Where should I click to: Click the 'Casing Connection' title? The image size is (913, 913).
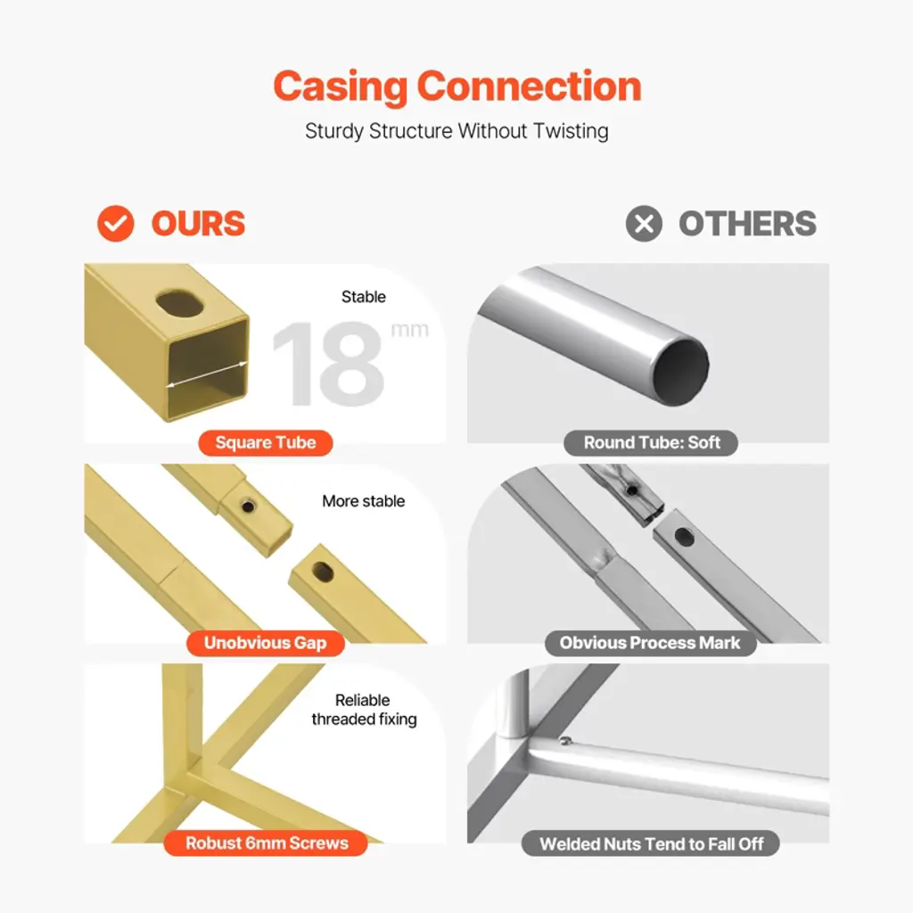click(457, 87)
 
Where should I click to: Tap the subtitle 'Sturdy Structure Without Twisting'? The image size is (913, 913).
click(457, 131)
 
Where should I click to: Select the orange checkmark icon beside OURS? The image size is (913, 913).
click(116, 224)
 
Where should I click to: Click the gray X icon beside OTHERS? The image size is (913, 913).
click(644, 224)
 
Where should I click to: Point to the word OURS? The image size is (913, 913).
click(199, 224)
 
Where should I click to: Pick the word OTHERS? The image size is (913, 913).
click(748, 224)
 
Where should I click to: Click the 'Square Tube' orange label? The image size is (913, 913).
click(266, 443)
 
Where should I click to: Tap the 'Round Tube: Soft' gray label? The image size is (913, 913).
click(651, 443)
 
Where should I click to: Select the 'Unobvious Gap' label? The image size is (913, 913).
click(266, 644)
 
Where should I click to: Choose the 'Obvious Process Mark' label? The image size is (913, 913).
click(650, 644)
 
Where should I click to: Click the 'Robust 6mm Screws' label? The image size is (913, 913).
click(266, 843)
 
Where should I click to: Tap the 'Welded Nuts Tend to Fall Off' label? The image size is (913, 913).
click(650, 843)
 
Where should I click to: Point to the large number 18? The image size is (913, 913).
click(328, 364)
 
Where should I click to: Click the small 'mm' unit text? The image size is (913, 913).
click(410, 330)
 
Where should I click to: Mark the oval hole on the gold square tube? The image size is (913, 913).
click(180, 303)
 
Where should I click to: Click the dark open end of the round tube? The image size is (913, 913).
click(680, 373)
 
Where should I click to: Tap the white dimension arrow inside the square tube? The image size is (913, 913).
click(207, 374)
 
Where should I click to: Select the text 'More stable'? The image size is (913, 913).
click(364, 501)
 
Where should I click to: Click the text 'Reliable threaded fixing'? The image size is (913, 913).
click(364, 710)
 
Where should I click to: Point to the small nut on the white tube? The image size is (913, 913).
click(564, 741)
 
